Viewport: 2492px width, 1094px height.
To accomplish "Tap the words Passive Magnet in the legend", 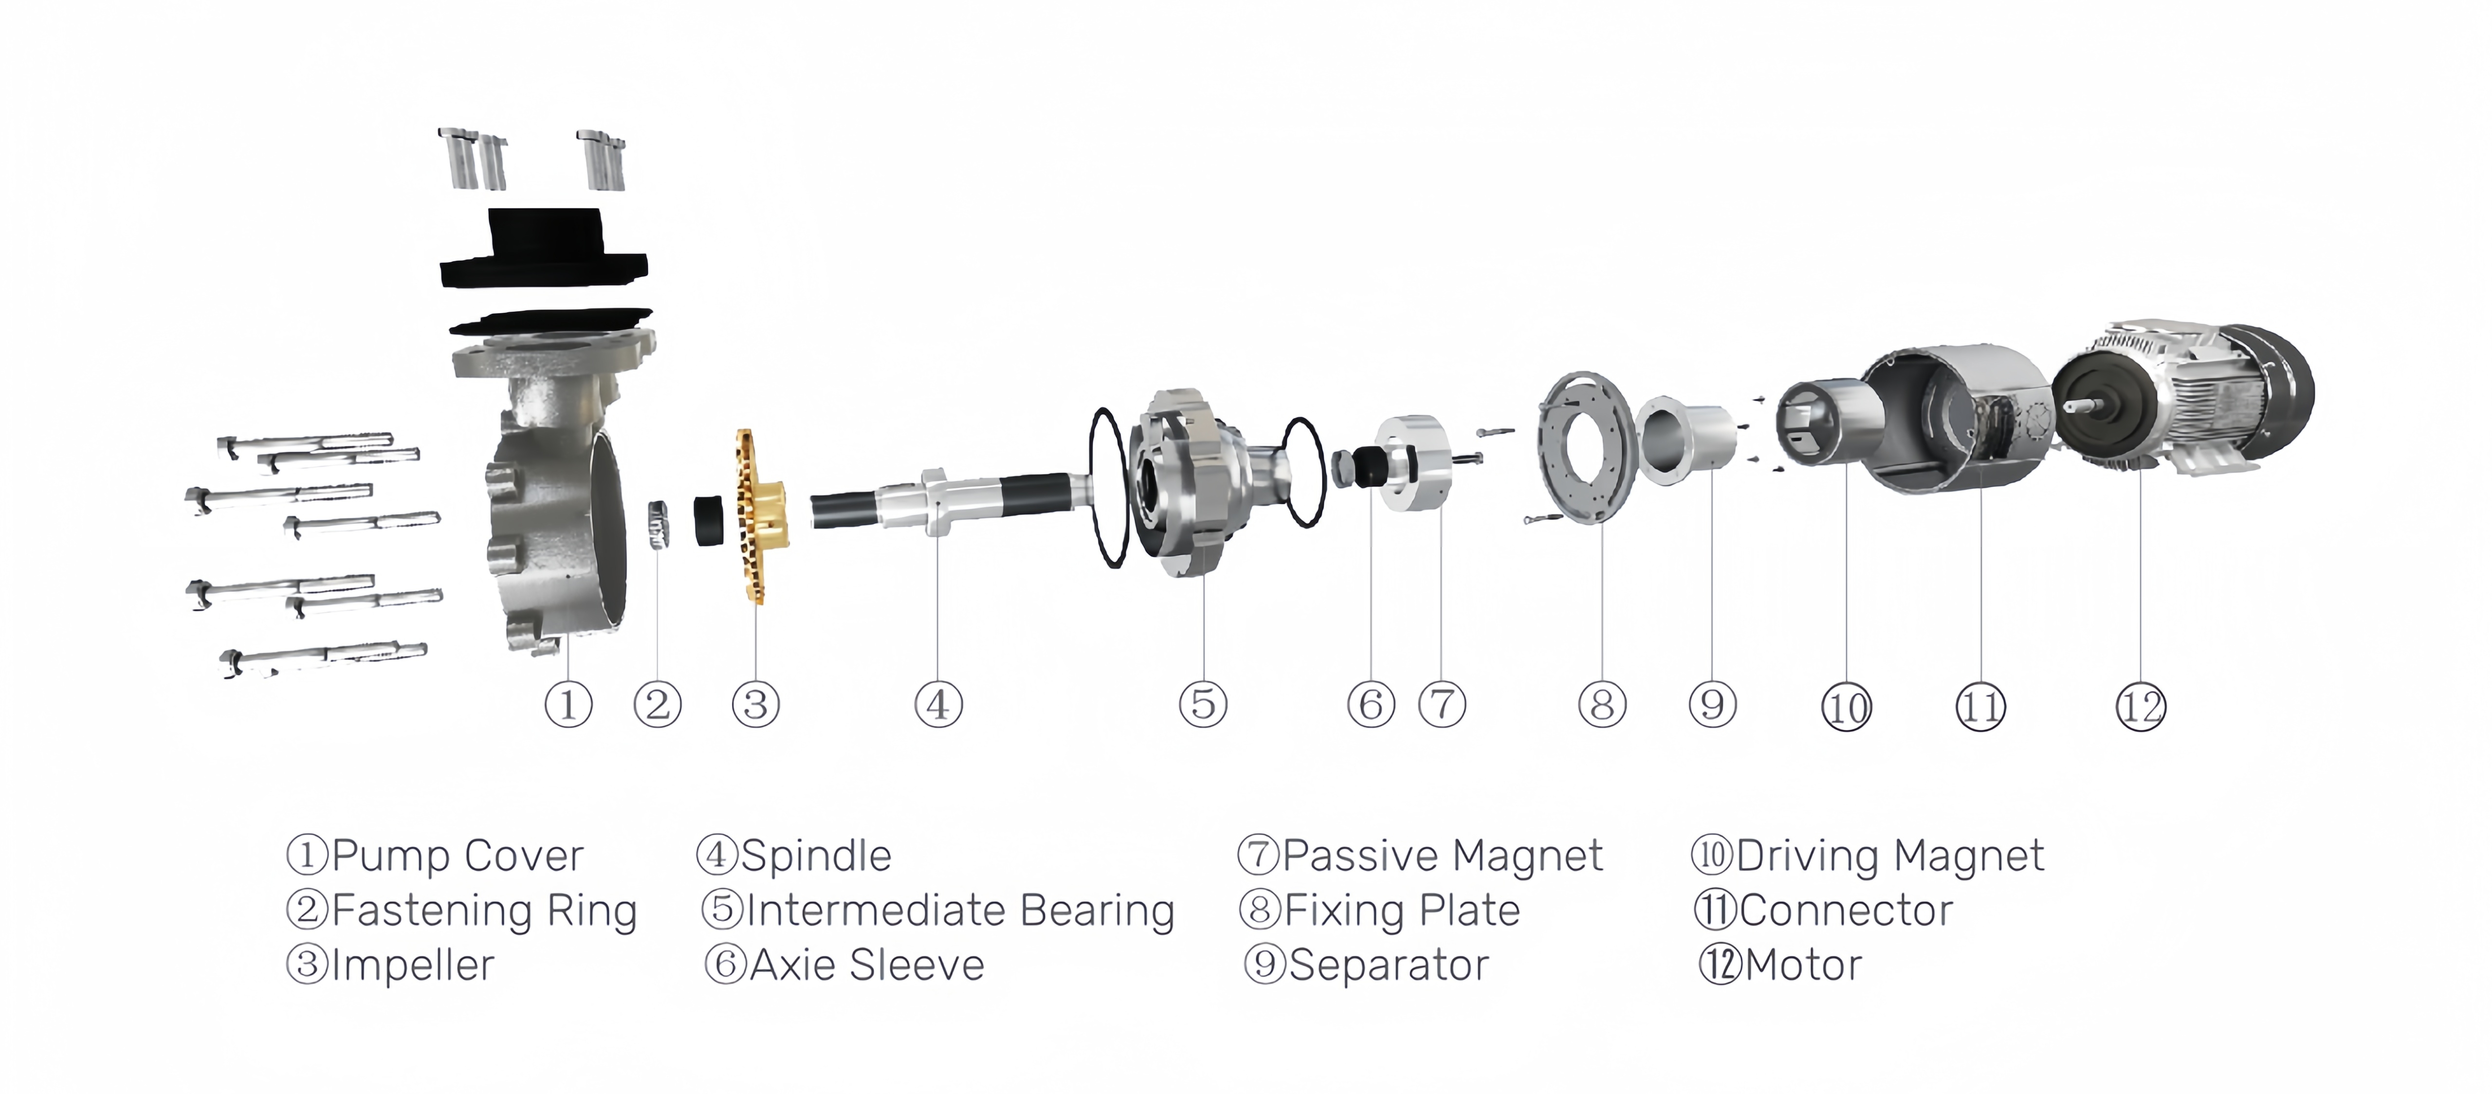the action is (1442, 855).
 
